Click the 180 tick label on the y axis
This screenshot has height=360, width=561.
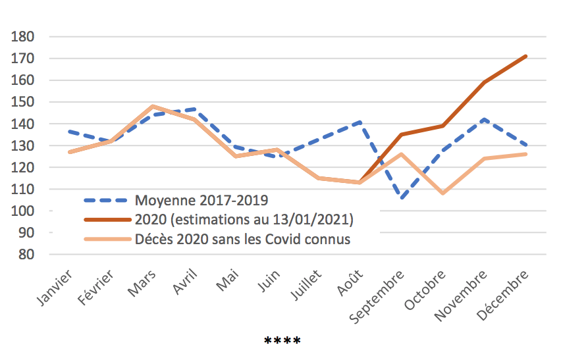pyautogui.click(x=23, y=37)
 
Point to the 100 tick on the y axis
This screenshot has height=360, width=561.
pyautogui.click(x=23, y=211)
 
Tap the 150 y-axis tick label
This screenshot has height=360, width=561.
pyautogui.click(x=23, y=102)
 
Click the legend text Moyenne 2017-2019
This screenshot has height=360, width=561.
pyautogui.click(x=196, y=199)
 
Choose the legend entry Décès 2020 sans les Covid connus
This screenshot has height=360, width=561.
pyautogui.click(x=242, y=239)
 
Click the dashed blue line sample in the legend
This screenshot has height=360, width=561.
pyautogui.click(x=106, y=199)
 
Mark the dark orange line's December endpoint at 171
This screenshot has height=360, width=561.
pyautogui.click(x=525, y=57)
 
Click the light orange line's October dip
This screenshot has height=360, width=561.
pyautogui.click(x=442, y=193)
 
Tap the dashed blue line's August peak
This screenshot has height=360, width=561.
pyautogui.click(x=360, y=122)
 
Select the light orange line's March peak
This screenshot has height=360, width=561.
pyautogui.click(x=152, y=106)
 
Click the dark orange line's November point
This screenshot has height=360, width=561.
pyautogui.click(x=484, y=82)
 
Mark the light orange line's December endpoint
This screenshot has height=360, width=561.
pyautogui.click(x=525, y=154)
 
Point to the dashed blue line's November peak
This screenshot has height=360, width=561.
pyautogui.click(x=484, y=119)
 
